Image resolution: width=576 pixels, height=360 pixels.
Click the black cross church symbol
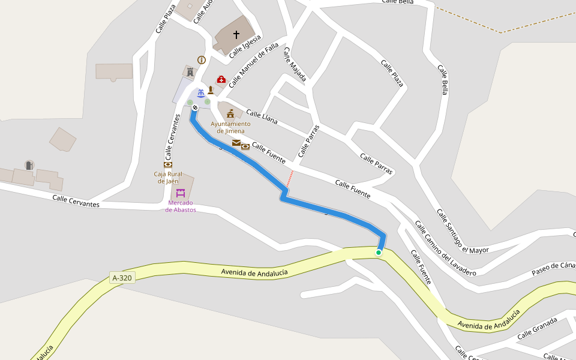[x=236, y=35]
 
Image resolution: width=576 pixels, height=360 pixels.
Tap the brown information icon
[x=202, y=60]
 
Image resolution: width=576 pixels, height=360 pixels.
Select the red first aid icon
[x=221, y=79]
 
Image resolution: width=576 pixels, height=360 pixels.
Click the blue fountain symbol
[x=201, y=92]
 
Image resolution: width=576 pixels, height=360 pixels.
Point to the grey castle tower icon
[x=191, y=72]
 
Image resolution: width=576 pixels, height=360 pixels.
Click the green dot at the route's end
[x=379, y=253]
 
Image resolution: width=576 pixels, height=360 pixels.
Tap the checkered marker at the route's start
[x=195, y=108]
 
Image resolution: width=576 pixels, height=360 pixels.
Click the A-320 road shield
[x=122, y=278]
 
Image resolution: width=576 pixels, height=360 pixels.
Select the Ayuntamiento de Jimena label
[x=230, y=127]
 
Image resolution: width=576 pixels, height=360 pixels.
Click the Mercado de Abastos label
[x=181, y=206]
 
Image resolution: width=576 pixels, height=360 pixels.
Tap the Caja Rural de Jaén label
[x=168, y=177]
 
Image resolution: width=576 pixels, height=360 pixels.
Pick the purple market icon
[x=181, y=193]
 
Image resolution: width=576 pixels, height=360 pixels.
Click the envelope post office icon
[x=236, y=143]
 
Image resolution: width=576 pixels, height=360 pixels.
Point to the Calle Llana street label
[x=262, y=117]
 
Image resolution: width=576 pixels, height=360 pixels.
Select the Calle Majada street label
[x=295, y=65]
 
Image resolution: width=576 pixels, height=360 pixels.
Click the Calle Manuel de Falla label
[x=253, y=65]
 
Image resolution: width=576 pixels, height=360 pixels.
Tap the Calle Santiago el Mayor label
[x=462, y=231]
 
